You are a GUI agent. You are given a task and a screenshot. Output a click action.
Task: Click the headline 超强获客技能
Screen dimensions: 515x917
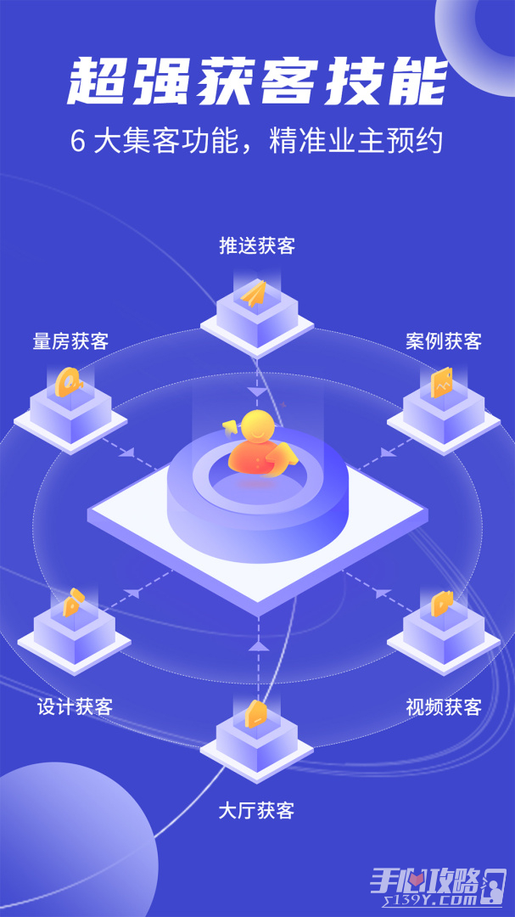[x=257, y=82]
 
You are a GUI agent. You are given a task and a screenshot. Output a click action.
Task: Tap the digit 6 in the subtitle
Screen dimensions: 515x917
[x=77, y=142]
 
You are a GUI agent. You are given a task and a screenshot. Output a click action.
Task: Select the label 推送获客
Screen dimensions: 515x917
[x=257, y=246]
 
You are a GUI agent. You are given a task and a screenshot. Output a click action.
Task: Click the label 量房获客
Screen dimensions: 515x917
[x=70, y=341]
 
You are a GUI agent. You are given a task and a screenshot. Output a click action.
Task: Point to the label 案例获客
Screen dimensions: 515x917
[x=444, y=341]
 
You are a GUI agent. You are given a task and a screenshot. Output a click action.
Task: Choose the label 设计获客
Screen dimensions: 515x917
[x=75, y=706]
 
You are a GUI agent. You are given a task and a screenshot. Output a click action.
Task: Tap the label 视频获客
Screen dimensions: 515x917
[x=444, y=707]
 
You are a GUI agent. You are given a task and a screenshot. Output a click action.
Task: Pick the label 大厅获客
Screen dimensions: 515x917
[x=256, y=811]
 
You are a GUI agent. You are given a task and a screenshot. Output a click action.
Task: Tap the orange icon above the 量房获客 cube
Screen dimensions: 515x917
[x=69, y=382]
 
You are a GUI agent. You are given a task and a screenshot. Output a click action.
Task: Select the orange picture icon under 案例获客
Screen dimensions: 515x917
[x=442, y=383]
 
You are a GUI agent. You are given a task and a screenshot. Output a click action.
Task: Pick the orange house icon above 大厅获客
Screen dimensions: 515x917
[x=256, y=713]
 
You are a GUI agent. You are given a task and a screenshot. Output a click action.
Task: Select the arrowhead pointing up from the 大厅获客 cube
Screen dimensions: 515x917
[x=257, y=645]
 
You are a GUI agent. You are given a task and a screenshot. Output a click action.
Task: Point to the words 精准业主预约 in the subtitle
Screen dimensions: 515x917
[x=355, y=142]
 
